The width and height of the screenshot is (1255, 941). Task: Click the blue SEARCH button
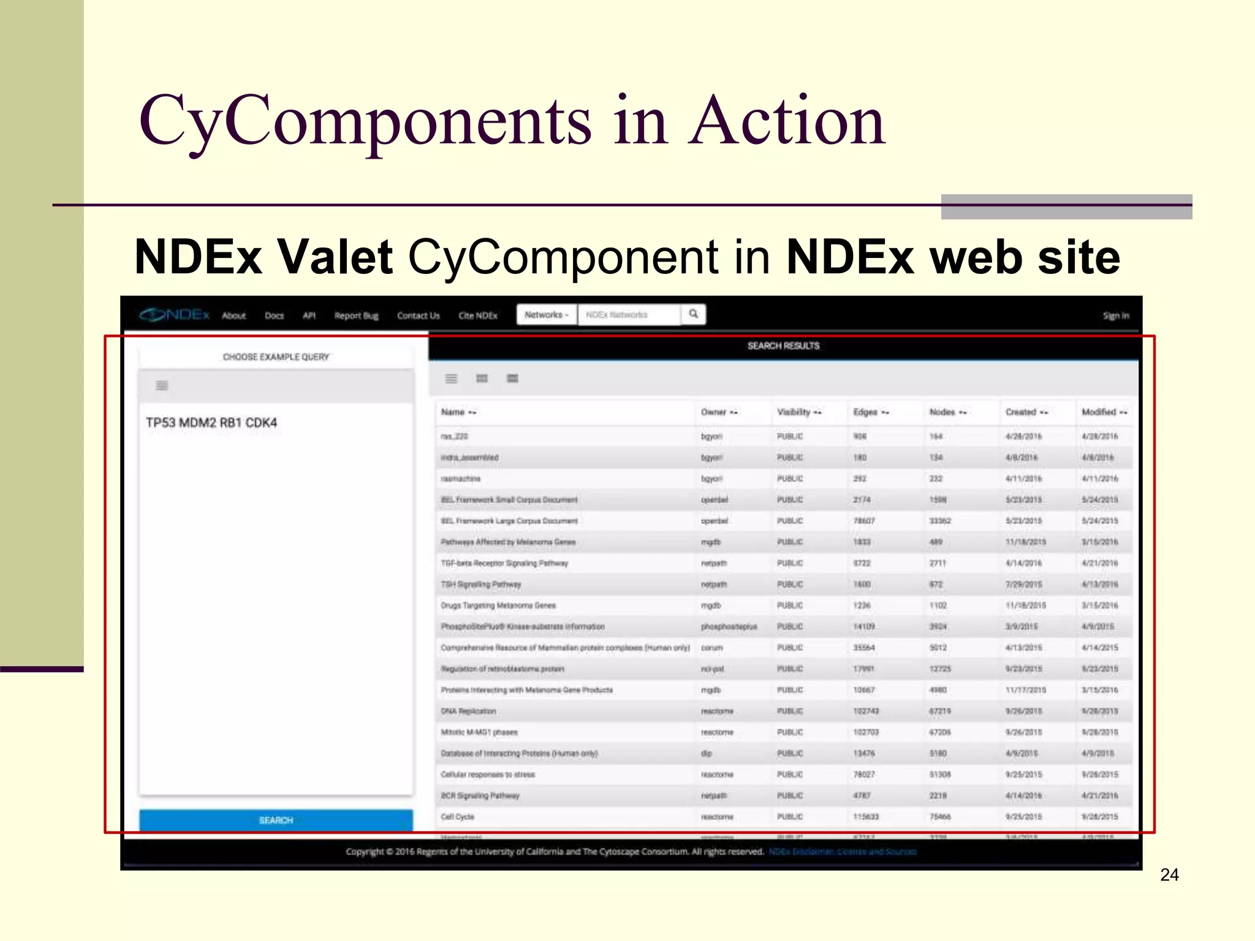coord(276,820)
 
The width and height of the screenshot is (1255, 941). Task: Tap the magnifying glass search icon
coord(693,314)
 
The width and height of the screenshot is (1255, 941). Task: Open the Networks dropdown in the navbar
coord(546,314)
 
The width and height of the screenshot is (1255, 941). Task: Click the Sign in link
coord(1115,316)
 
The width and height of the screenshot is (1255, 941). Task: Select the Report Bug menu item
coord(356,316)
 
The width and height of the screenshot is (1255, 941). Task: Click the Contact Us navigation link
coord(418,316)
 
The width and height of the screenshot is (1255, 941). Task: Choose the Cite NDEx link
coord(478,316)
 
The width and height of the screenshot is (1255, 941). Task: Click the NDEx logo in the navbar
coord(175,315)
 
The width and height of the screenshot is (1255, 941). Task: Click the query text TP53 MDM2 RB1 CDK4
coord(211,423)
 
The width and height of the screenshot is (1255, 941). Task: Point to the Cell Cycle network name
coord(457,817)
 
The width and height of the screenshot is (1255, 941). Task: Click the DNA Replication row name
coord(468,711)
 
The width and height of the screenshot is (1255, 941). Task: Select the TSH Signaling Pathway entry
coord(480,584)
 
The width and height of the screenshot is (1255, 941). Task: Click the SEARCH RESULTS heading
coord(783,346)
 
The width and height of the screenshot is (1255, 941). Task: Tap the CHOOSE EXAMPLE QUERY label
coord(276,357)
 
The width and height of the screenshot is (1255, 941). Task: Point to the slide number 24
coord(1169,875)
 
